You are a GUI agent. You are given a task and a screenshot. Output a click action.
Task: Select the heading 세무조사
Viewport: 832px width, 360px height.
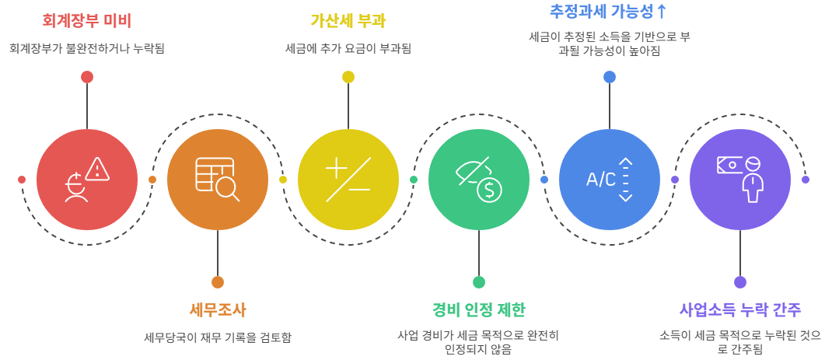218,309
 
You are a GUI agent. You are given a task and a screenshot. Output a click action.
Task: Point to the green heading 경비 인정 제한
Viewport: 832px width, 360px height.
478,309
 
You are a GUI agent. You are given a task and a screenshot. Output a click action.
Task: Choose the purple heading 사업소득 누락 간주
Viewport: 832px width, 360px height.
739,309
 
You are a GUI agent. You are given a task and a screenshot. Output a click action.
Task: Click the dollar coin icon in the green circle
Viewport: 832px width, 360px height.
489,189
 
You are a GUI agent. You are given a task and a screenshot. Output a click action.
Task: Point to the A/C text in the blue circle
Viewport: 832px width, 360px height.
600,180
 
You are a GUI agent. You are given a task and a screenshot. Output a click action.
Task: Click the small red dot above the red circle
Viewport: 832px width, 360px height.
87,77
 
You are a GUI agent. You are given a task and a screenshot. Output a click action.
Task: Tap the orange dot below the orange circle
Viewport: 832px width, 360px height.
218,282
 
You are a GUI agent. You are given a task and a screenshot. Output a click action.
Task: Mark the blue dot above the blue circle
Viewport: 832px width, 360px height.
610,77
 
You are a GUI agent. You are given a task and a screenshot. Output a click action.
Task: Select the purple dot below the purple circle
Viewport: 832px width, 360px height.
740,282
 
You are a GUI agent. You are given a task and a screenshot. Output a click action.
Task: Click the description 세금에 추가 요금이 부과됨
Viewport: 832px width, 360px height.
348,48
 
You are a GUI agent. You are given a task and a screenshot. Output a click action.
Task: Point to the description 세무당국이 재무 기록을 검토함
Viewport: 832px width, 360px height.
218,337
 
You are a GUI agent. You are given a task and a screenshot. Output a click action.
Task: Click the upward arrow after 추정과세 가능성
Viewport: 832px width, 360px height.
661,12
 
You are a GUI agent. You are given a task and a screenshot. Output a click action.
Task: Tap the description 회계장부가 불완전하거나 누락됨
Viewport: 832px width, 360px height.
87,48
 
